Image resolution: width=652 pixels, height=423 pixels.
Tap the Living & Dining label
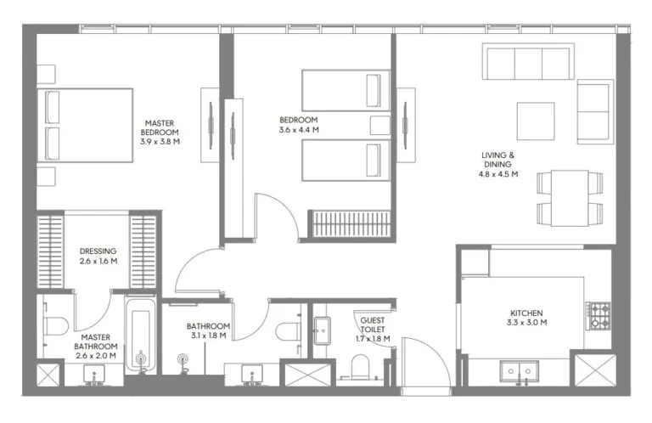pos(498,161)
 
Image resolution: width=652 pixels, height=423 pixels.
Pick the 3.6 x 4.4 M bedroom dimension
pos(298,130)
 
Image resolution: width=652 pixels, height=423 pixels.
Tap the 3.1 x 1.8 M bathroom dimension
pos(208,336)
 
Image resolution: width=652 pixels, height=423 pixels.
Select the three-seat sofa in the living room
pos(526,63)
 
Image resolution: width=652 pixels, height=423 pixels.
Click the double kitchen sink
pos(518,370)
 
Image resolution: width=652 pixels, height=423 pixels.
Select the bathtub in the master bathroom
pos(141,336)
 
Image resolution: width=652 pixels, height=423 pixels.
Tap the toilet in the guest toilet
pos(360,368)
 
